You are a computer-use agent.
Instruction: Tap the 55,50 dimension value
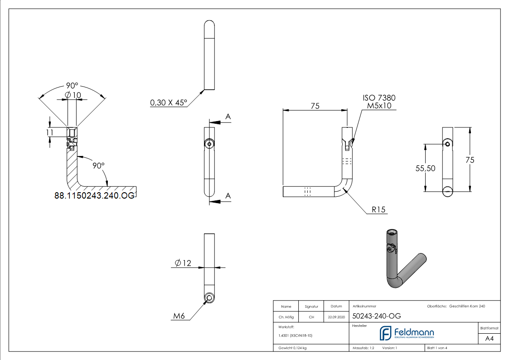[425, 168]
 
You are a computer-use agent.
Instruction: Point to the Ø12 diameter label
[183, 263]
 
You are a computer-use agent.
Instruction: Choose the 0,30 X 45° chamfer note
[169, 103]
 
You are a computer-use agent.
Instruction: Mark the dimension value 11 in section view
[50, 132]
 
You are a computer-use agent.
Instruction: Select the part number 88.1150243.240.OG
[94, 195]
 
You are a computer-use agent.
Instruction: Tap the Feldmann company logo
[407, 333]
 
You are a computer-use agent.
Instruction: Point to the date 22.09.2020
[336, 317]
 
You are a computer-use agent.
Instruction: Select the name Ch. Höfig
[286, 317]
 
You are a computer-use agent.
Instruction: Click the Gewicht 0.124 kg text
[292, 348]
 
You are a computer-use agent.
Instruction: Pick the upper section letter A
[228, 117]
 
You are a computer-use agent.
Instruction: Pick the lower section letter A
[228, 195]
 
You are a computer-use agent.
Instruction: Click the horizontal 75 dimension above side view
[315, 106]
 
